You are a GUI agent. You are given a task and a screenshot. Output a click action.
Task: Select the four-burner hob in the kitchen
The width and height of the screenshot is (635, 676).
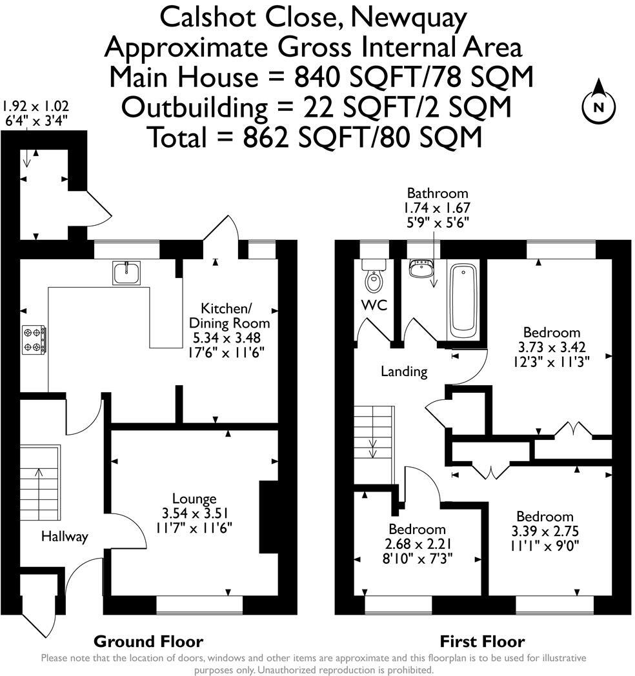[x=35, y=339]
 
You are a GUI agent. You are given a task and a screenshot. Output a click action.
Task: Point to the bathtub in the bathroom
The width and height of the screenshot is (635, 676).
[x=463, y=299]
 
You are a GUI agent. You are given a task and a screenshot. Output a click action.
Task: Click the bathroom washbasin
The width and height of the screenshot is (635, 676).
[x=422, y=268]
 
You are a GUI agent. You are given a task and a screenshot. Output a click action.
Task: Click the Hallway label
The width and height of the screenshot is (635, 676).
[x=65, y=537]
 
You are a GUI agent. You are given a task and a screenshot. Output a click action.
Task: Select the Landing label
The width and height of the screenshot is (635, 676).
[x=404, y=372]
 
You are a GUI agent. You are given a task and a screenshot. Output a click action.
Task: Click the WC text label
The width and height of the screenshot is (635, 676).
[x=374, y=305]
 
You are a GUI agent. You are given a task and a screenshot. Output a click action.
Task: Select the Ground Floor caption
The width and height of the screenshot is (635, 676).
[x=148, y=641]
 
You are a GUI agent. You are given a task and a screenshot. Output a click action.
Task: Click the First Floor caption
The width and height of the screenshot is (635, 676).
[x=482, y=641]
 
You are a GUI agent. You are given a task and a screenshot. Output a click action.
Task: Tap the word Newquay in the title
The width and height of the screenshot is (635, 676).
[x=408, y=17]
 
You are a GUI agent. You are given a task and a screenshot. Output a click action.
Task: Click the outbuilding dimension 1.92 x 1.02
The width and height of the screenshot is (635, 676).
[x=36, y=107]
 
